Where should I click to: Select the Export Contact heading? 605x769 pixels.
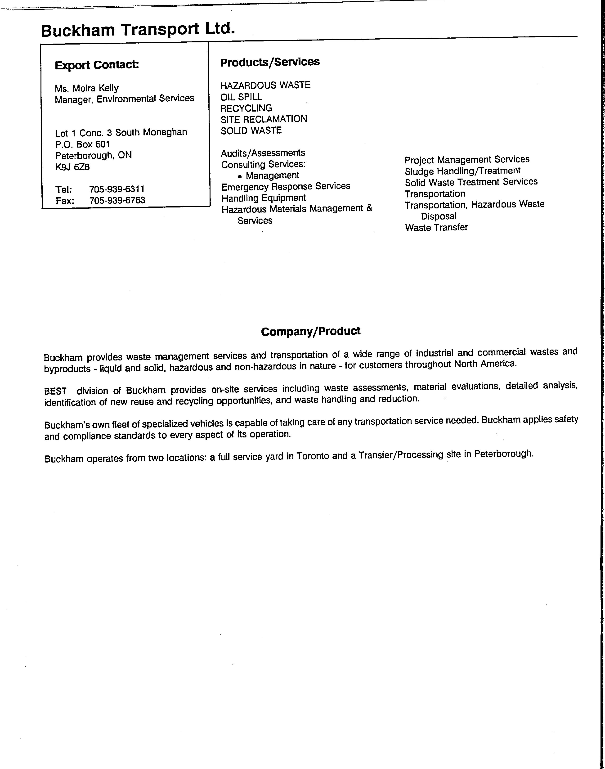click(x=97, y=65)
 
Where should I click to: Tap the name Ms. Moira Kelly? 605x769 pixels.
click(x=87, y=88)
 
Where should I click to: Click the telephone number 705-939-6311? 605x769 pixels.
click(x=117, y=189)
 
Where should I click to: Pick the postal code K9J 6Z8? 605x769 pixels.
click(x=73, y=167)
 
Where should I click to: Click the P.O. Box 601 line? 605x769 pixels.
click(x=83, y=144)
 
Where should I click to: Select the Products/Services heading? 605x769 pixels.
click(x=270, y=62)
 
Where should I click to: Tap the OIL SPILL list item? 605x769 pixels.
click(x=241, y=97)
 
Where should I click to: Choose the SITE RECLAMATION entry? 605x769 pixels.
click(x=264, y=119)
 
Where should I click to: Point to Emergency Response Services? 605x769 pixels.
click(x=286, y=186)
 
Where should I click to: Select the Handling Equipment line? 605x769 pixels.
click(x=264, y=198)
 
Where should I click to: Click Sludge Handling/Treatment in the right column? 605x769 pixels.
click(x=463, y=171)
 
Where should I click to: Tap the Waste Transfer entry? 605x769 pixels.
click(x=436, y=227)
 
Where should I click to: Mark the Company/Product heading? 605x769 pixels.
click(x=311, y=331)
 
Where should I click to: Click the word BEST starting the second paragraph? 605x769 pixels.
click(x=56, y=391)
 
